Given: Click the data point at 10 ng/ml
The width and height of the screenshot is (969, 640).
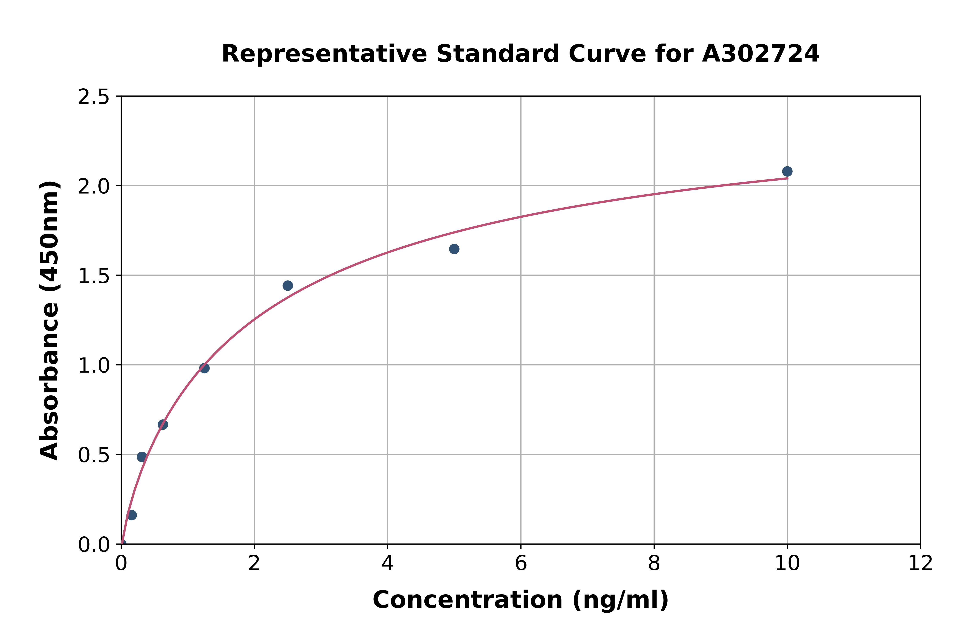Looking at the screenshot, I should (x=787, y=172).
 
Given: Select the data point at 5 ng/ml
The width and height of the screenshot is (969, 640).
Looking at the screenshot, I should (x=454, y=249).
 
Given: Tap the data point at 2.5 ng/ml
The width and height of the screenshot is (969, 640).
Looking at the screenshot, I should (x=287, y=286).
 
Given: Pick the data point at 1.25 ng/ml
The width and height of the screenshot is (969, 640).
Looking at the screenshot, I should (x=204, y=368).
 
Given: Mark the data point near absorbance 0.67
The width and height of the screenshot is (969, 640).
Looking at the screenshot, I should (x=163, y=425).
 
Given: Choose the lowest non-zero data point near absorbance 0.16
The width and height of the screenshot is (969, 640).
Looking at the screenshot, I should (x=132, y=515).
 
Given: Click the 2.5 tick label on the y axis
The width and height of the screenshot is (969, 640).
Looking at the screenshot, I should (x=93, y=97).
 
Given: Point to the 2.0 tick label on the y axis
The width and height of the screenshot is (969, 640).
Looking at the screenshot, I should (x=93, y=187).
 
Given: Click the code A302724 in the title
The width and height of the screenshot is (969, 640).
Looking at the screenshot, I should (x=761, y=54).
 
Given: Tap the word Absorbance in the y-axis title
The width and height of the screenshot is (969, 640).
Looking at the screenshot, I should (x=50, y=383).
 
